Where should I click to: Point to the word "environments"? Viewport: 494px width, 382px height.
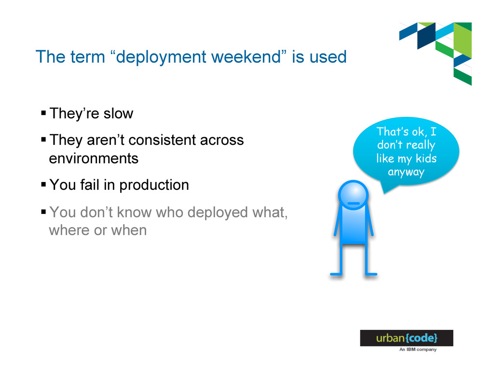click(x=94, y=158)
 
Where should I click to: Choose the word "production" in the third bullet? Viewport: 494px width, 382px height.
click(x=154, y=185)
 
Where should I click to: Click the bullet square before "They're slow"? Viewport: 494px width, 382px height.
click(x=43, y=113)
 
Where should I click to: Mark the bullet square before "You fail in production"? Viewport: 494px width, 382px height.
click(x=43, y=184)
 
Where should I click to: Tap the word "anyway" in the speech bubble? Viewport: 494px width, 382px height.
click(x=406, y=172)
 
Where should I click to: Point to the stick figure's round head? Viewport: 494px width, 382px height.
click(x=353, y=195)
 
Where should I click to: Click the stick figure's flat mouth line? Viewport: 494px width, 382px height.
click(x=353, y=203)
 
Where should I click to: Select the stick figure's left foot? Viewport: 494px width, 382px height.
click(x=336, y=274)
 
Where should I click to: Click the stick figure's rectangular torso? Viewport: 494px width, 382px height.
click(x=353, y=225)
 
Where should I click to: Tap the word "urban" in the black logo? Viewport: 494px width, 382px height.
click(x=390, y=338)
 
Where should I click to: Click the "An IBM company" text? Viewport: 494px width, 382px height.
click(x=418, y=350)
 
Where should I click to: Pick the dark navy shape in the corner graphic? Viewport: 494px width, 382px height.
click(x=426, y=36)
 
